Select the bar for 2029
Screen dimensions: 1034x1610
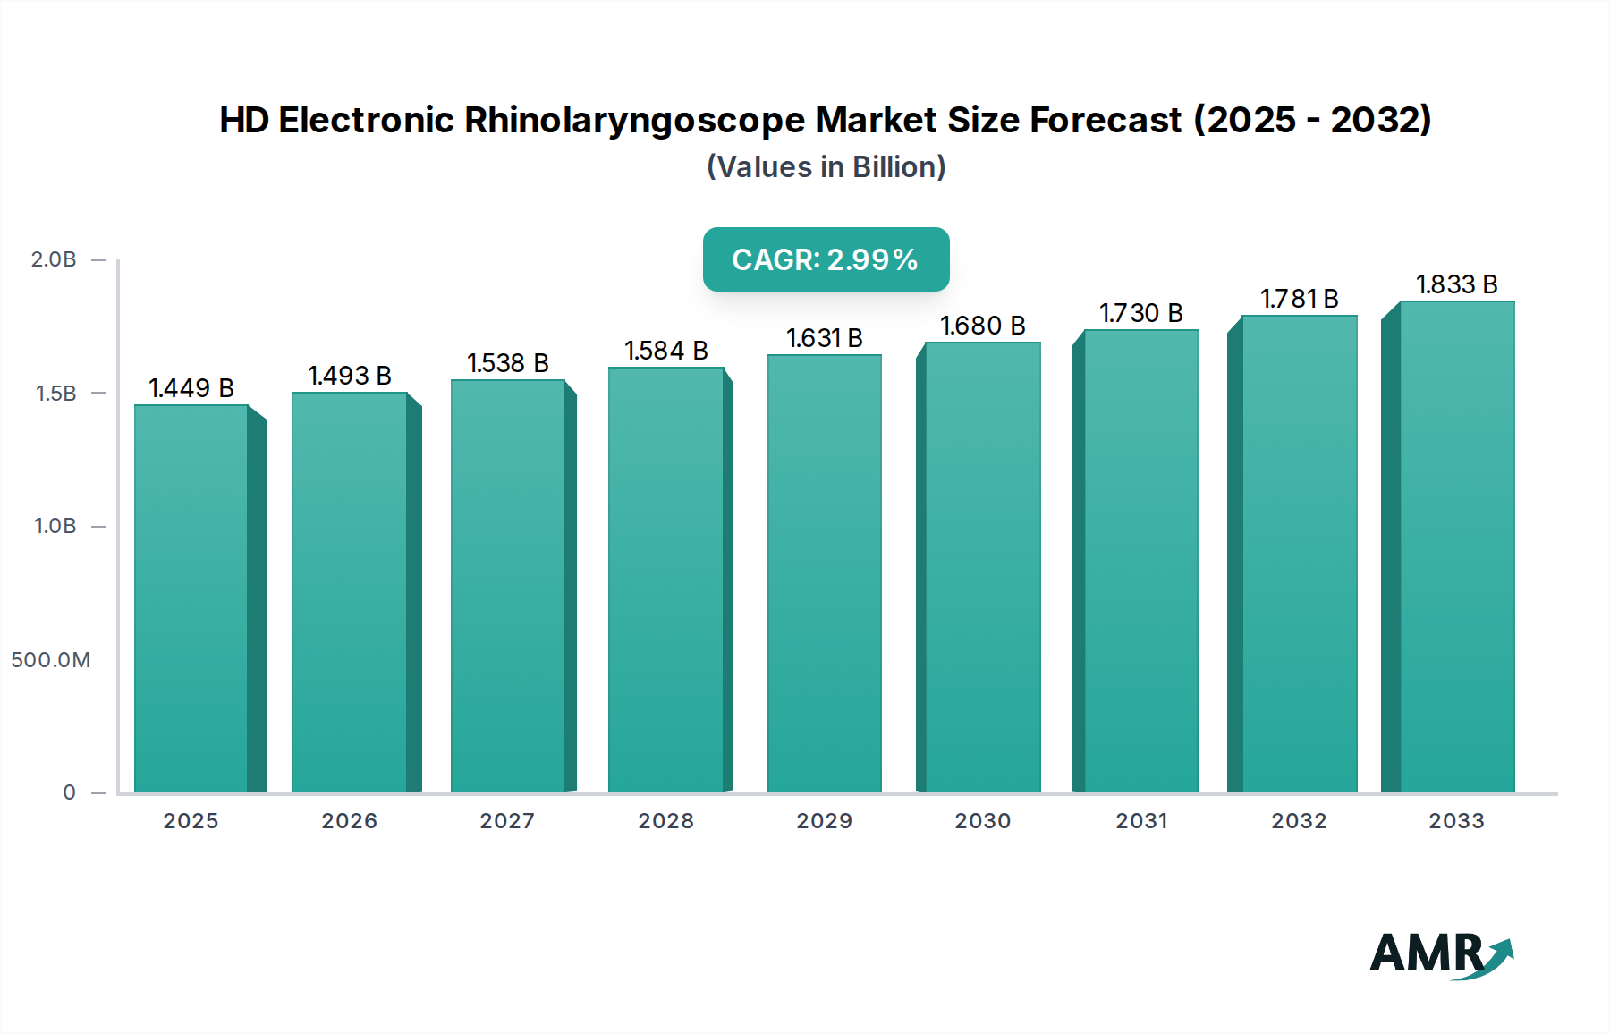(824, 572)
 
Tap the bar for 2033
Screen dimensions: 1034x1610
(1456, 546)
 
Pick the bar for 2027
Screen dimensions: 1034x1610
(508, 586)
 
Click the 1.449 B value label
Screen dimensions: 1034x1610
(191, 388)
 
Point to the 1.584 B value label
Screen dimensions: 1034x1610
(666, 351)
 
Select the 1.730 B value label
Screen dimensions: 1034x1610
(1141, 313)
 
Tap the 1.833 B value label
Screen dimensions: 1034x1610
(1456, 284)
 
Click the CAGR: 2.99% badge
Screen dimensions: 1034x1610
(826, 259)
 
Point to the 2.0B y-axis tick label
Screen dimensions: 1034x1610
(54, 259)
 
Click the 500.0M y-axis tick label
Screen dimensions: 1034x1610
(51, 660)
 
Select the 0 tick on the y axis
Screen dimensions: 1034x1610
(69, 792)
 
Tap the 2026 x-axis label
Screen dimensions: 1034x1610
(350, 821)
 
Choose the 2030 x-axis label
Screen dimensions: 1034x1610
(983, 821)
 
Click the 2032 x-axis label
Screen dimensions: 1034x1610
(1300, 821)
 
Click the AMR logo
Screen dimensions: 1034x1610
(1441, 954)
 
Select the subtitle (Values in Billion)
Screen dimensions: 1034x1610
(826, 167)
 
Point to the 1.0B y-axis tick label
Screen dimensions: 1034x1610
(55, 526)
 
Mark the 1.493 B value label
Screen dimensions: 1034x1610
(350, 376)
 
